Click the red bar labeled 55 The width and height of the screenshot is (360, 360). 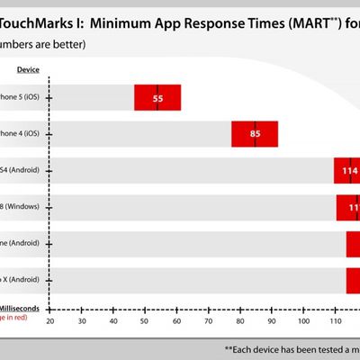pyautogui.click(x=157, y=97)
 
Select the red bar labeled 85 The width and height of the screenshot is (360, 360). pyautogui.click(x=255, y=134)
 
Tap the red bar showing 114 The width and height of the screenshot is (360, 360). pyautogui.click(x=346, y=170)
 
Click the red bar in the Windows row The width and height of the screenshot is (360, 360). pyautogui.click(x=348, y=207)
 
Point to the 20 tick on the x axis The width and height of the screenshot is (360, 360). pyautogui.click(x=50, y=321)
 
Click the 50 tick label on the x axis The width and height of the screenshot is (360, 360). pyautogui.click(x=144, y=321)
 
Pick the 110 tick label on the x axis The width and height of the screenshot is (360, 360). pyautogui.click(x=336, y=321)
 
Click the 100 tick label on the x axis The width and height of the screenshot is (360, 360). pyautogui.click(x=303, y=321)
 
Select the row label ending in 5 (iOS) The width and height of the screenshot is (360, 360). pyautogui.click(x=20, y=97)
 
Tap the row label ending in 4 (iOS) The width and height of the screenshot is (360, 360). pyautogui.click(x=20, y=133)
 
